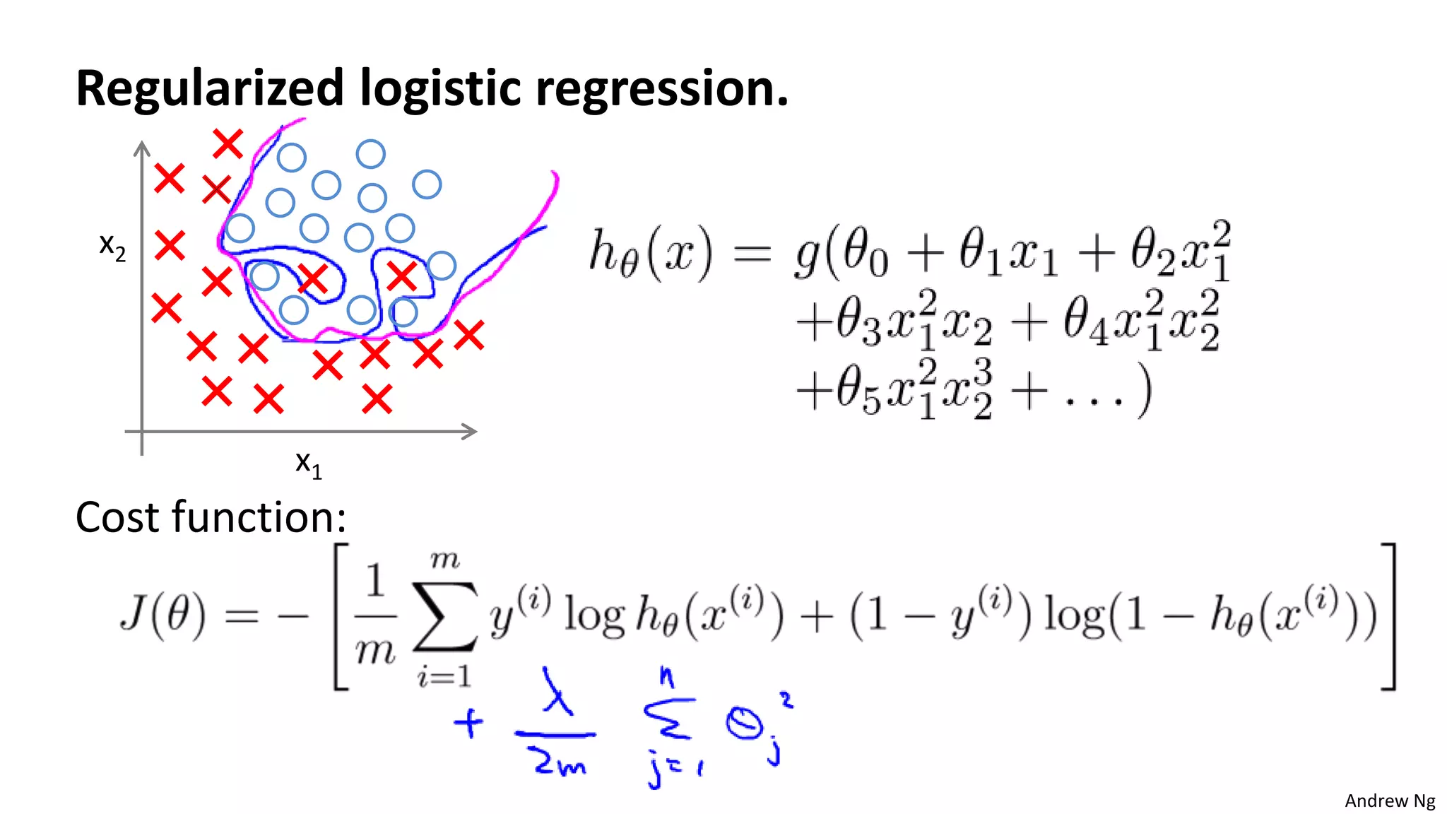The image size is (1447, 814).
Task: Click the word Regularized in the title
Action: pyautogui.click(x=209, y=88)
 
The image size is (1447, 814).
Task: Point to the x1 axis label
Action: pyautogui.click(x=308, y=464)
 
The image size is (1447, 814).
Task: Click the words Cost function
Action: pyautogui.click(x=211, y=517)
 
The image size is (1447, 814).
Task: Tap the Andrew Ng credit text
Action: pyautogui.click(x=1389, y=801)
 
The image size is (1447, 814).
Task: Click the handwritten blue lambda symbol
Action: pyautogui.click(x=556, y=693)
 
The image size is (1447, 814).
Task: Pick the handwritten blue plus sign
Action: pyautogui.click(x=468, y=724)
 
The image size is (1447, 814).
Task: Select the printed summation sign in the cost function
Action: pyautogui.click(x=445, y=615)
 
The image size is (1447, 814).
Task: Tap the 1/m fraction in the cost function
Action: pyautogui.click(x=374, y=615)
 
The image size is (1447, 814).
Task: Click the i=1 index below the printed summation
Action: pyautogui.click(x=444, y=677)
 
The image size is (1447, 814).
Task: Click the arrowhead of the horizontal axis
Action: pyautogui.click(x=468, y=431)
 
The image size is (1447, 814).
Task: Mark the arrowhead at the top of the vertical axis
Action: pyautogui.click(x=142, y=148)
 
